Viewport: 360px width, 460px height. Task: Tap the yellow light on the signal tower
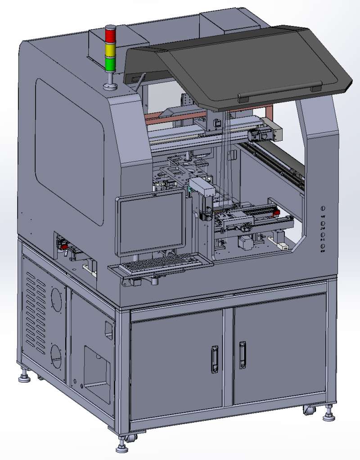click(x=110, y=49)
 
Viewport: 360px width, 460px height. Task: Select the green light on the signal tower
click(x=110, y=63)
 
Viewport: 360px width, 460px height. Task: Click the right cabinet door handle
click(x=243, y=355)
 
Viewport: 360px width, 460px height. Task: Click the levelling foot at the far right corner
click(x=329, y=416)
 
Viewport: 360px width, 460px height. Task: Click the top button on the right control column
click(x=323, y=208)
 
